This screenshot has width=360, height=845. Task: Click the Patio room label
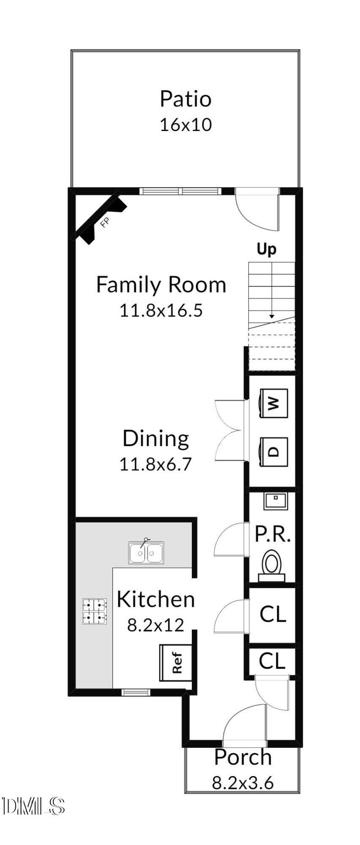pos(185,99)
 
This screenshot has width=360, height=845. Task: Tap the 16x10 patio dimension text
pos(185,125)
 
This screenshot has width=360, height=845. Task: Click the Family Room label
pos(161,285)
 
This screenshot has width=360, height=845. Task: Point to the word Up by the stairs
pos(266,249)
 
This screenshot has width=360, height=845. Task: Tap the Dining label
pos(156,439)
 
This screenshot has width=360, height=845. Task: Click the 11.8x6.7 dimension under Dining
pos(155,464)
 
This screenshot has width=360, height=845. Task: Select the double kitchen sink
pos(146,552)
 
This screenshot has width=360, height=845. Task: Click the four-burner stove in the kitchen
pos(95,611)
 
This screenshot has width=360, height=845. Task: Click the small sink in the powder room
pos(275,501)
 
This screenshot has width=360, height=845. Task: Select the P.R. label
pos(273,534)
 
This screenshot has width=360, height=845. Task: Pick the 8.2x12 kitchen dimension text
pos(155,625)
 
